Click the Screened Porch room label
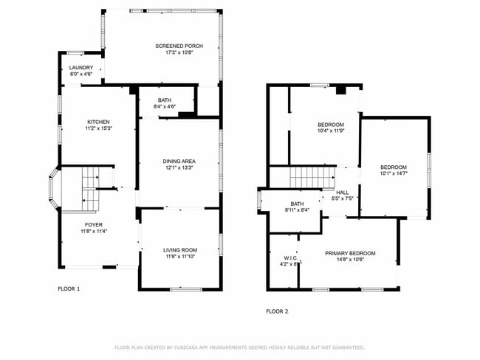179,46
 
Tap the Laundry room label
81,68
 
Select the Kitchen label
98,122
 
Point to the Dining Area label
179,161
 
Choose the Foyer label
94,225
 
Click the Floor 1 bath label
165,100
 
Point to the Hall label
343,192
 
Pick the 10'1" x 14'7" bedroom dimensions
394,173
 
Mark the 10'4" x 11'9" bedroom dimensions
331,131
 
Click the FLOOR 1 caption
69,288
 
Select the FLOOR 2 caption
277,311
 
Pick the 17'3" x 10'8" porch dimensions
179,53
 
